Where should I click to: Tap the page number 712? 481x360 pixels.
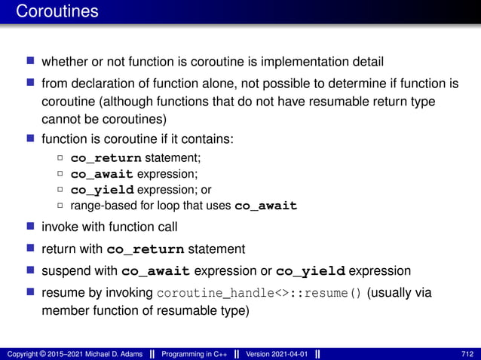[x=467, y=354]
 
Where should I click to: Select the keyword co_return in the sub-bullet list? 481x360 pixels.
[x=106, y=158]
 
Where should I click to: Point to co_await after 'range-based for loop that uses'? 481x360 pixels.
[x=266, y=206]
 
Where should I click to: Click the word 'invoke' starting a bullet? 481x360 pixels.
[x=60, y=227]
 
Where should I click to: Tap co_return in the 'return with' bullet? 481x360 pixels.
[x=146, y=249]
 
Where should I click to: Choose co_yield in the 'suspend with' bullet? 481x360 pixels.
[x=311, y=271]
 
